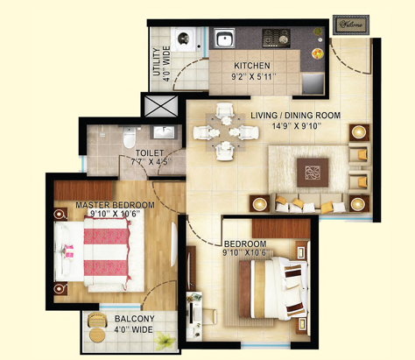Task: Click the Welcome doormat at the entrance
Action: pyautogui.click(x=351, y=25)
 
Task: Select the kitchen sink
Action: pyautogui.click(x=224, y=39)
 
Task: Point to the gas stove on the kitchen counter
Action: pyautogui.click(x=276, y=38)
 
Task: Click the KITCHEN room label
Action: pyautogui.click(x=252, y=66)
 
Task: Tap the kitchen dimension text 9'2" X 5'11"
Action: pyautogui.click(x=253, y=77)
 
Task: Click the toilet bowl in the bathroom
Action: pyautogui.click(x=129, y=138)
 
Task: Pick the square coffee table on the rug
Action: pyautogui.click(x=313, y=173)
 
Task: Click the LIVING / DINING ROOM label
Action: pyautogui.click(x=296, y=116)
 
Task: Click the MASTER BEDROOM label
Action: pyautogui.click(x=115, y=205)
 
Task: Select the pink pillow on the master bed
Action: pyautogui.click(x=69, y=251)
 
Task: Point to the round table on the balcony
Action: pyautogui.click(x=96, y=335)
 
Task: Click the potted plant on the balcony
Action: pyautogui.click(x=164, y=341)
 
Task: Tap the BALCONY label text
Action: pyautogui.click(x=134, y=319)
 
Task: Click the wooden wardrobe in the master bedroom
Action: pyautogui.click(x=83, y=190)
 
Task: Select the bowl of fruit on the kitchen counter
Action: pyautogui.click(x=317, y=53)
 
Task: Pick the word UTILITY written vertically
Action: pyautogui.click(x=157, y=62)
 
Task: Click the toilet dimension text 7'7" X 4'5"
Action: pyautogui.click(x=151, y=161)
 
